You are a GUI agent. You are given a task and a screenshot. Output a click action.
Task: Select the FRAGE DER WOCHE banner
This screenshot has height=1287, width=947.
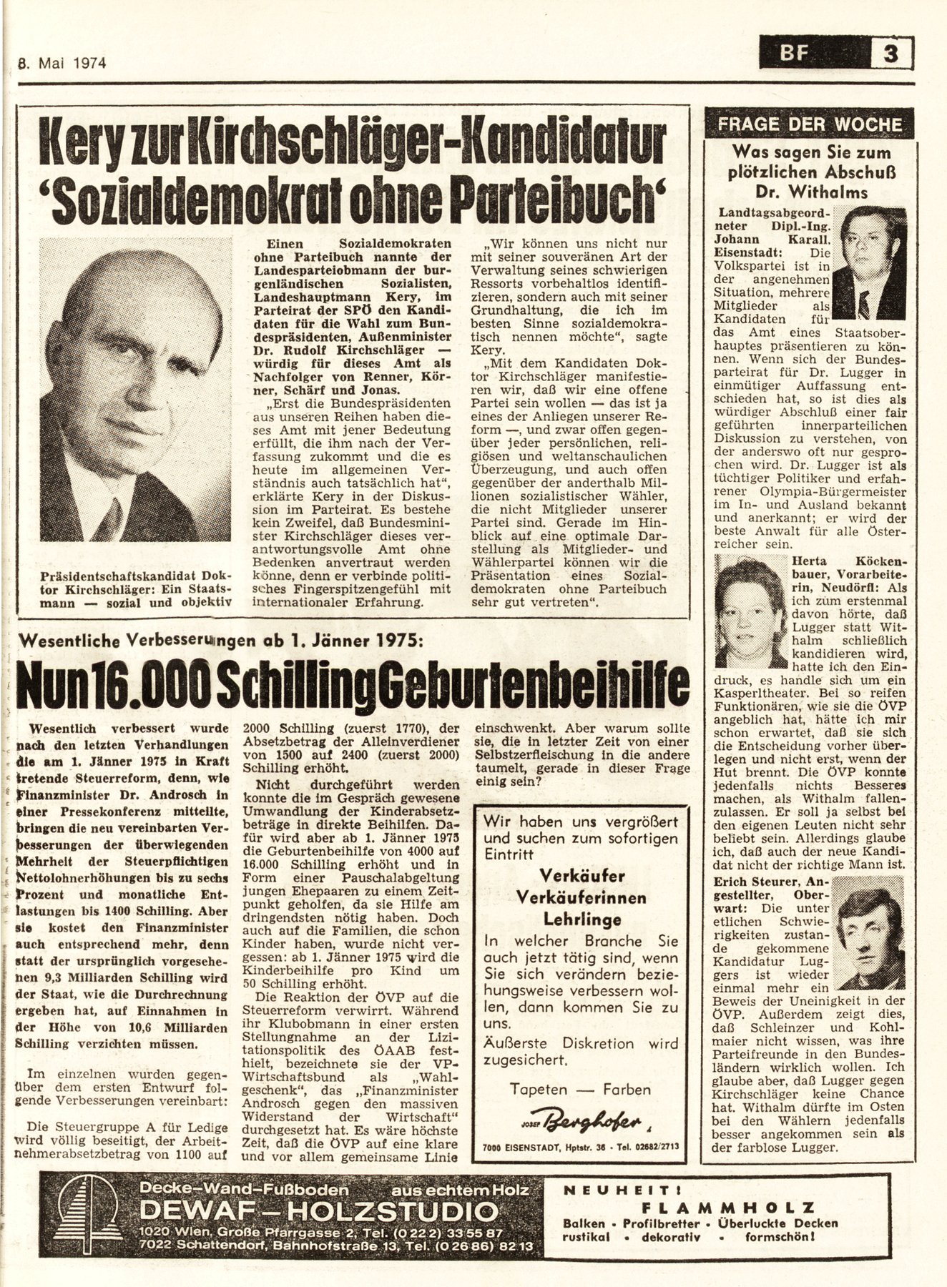click(x=809, y=124)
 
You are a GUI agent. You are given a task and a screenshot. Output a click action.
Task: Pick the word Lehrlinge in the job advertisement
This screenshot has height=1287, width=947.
click(x=581, y=919)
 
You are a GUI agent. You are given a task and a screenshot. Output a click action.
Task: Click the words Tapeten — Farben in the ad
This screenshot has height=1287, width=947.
click(x=580, y=1089)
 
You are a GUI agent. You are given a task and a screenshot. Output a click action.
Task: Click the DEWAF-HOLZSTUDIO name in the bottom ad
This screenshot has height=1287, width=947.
click(x=318, y=1210)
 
